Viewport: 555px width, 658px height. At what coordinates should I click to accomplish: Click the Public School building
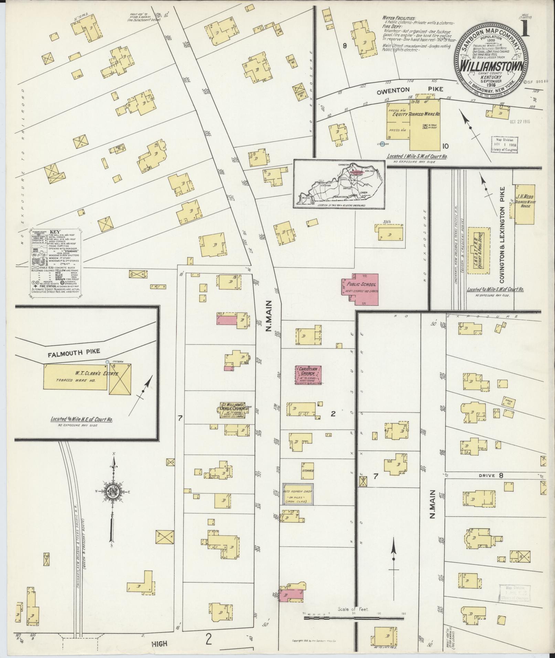point(360,289)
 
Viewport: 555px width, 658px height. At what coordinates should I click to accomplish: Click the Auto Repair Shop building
point(298,494)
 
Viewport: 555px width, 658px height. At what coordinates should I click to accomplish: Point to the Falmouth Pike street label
point(74,351)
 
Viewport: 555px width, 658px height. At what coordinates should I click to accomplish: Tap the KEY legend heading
point(55,232)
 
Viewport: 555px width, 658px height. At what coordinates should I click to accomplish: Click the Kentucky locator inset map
point(339,184)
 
